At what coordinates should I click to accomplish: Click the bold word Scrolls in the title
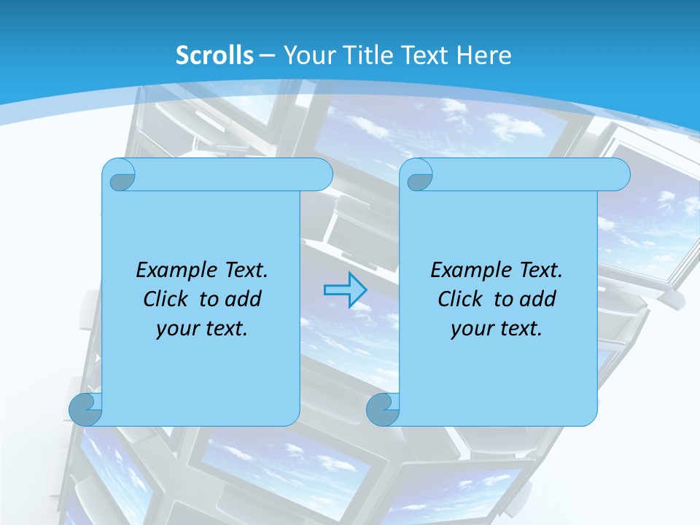(215, 55)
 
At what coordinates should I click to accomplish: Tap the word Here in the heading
(483, 55)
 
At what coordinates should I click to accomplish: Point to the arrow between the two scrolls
(345, 290)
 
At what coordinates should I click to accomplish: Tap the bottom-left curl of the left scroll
(85, 409)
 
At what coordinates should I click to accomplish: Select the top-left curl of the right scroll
(419, 176)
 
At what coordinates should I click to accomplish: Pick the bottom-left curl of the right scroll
(383, 409)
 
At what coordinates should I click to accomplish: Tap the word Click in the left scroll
(165, 299)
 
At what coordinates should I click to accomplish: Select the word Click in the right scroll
(459, 299)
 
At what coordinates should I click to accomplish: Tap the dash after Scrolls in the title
(266, 55)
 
